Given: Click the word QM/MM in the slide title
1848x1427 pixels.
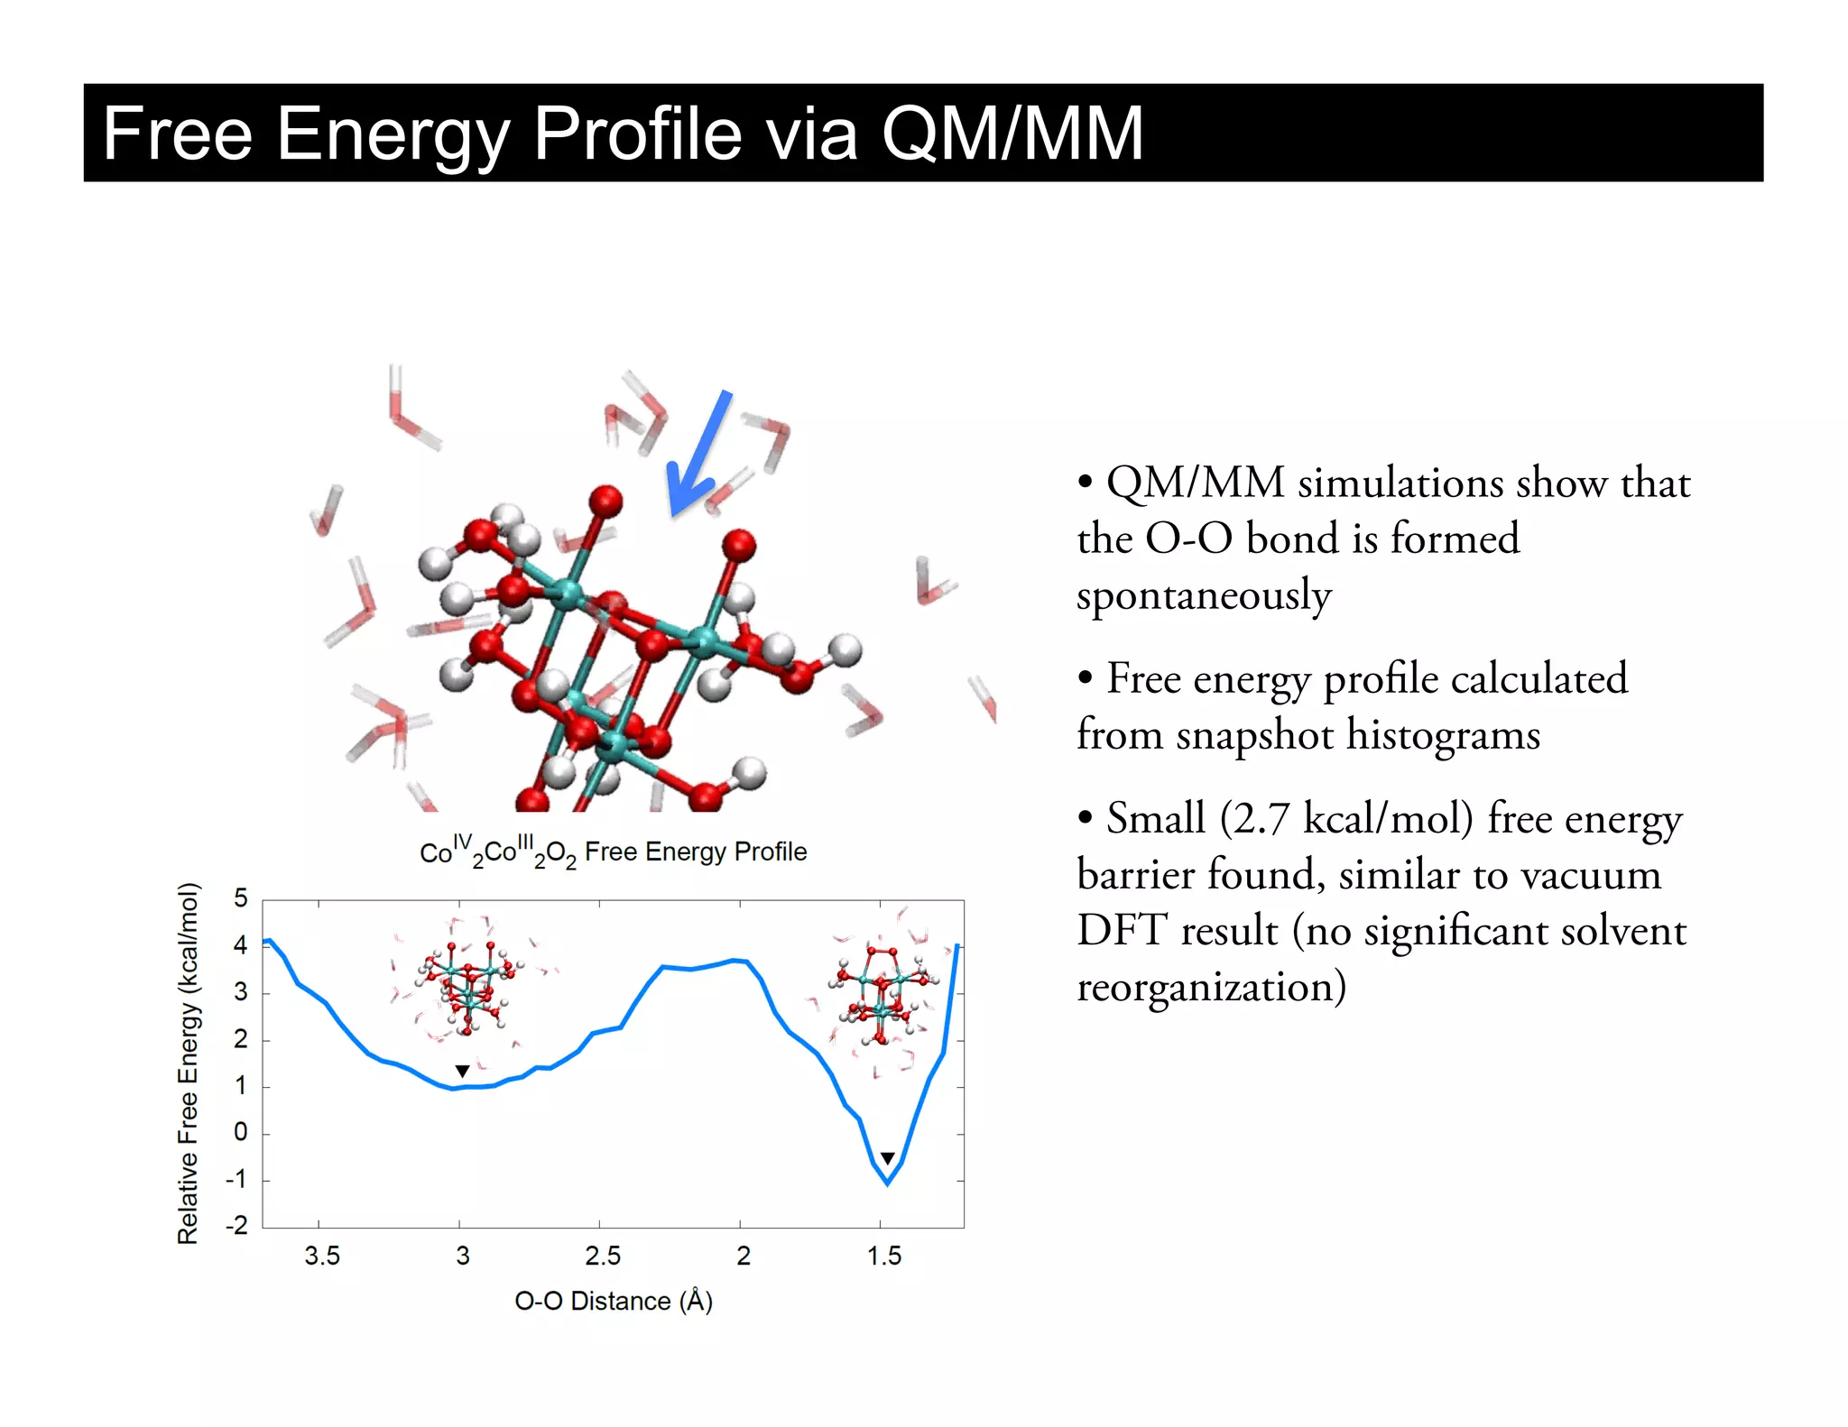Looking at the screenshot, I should [x=1012, y=133].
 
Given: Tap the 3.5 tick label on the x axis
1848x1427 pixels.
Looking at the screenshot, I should [x=322, y=1256].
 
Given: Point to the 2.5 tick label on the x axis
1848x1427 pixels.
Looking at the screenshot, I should [x=603, y=1256].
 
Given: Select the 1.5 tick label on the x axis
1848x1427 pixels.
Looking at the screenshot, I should [x=884, y=1256].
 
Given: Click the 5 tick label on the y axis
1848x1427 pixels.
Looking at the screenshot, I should [x=240, y=898].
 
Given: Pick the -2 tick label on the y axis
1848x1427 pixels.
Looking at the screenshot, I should [x=236, y=1225].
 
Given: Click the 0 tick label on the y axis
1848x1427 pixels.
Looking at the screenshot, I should [x=240, y=1132].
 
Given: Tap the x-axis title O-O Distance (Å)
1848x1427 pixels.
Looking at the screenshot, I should [x=614, y=1301].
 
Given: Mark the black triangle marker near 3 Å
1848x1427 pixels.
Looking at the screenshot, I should [x=462, y=1072].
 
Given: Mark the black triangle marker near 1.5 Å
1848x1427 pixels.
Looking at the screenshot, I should [x=888, y=1158].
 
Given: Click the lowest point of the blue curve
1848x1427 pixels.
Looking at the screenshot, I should [x=888, y=1183].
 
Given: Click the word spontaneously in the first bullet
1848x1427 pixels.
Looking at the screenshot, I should [x=1204, y=596].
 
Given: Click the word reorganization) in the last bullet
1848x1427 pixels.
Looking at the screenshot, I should [x=1212, y=987].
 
